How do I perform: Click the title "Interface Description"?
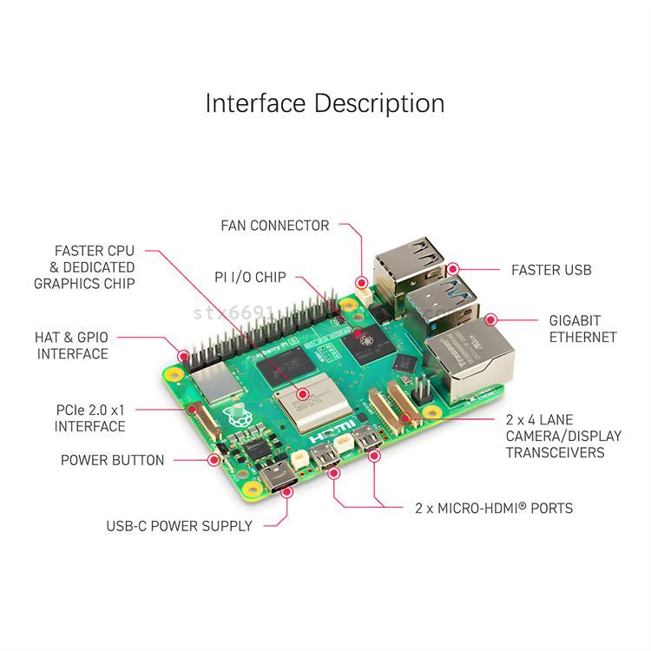pyautogui.click(x=325, y=103)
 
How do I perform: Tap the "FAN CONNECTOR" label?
pyautogui.click(x=275, y=226)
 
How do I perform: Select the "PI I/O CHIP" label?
pyautogui.click(x=250, y=278)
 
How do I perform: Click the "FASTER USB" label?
pyautogui.click(x=551, y=270)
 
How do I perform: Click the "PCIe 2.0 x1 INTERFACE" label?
pyautogui.click(x=89, y=418)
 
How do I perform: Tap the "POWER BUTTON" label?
pyautogui.click(x=112, y=460)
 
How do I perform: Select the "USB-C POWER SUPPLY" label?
pyautogui.click(x=179, y=525)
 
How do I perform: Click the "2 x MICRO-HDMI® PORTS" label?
pyautogui.click(x=493, y=508)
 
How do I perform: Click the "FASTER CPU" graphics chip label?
pyautogui.click(x=84, y=267)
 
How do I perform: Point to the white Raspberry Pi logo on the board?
pyautogui.click(x=233, y=417)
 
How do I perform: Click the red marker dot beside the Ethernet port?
pyautogui.click(x=490, y=319)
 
